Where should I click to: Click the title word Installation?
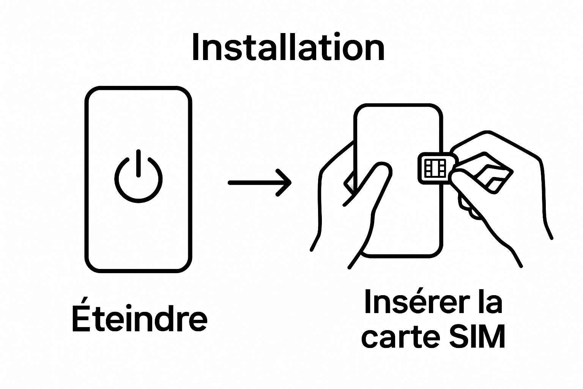288,47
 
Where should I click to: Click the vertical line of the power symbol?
139,163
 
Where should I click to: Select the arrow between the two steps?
260,183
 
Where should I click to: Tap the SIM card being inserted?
435,168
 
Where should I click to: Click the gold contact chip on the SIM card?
435,168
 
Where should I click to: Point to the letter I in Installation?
195,47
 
